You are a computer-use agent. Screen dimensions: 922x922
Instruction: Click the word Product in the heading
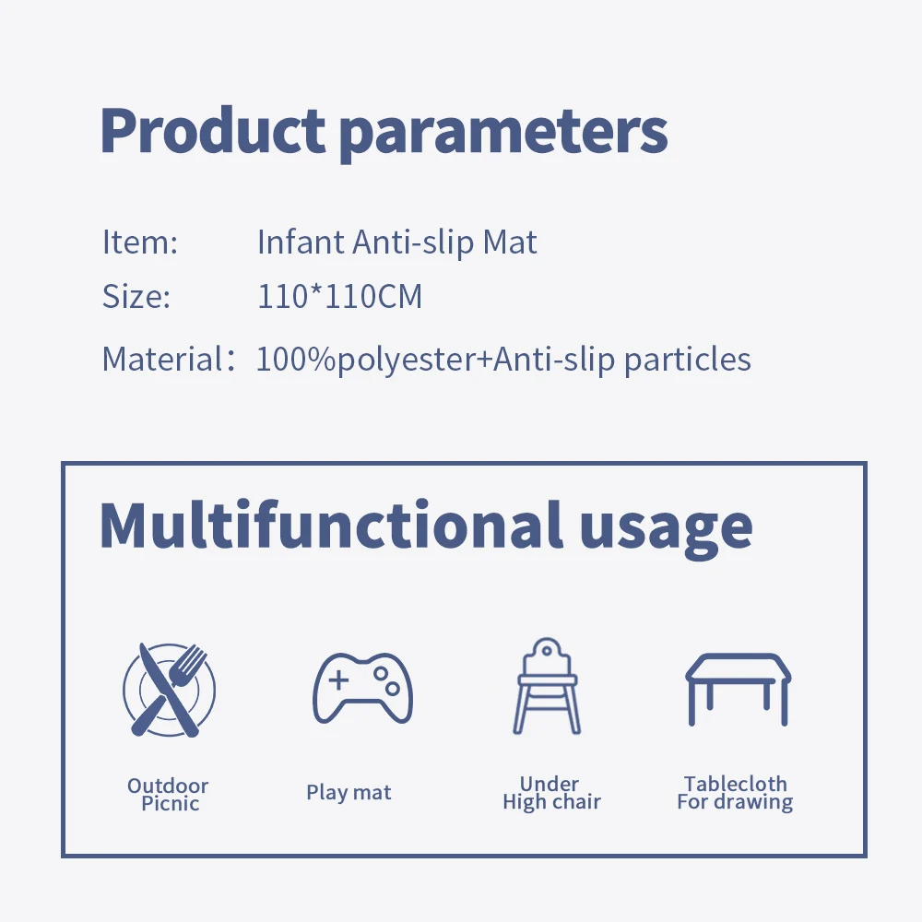pyautogui.click(x=212, y=130)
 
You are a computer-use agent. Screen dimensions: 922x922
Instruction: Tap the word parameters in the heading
pyautogui.click(x=504, y=135)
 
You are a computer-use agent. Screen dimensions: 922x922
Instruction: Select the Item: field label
pyautogui.click(x=140, y=242)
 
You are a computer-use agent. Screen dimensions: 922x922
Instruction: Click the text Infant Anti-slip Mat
pyautogui.click(x=396, y=242)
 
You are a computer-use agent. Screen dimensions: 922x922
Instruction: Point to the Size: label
pyautogui.click(x=136, y=296)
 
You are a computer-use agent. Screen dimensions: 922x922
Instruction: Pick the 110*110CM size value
pyautogui.click(x=340, y=296)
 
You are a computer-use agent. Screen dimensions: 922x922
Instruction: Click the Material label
pyautogui.click(x=168, y=359)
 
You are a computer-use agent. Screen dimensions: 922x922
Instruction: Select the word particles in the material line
pyautogui.click(x=688, y=360)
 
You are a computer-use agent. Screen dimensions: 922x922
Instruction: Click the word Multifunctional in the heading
pyautogui.click(x=331, y=525)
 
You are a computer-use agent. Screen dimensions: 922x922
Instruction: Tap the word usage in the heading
pyautogui.click(x=666, y=530)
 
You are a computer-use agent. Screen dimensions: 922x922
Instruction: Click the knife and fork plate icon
pyautogui.click(x=170, y=690)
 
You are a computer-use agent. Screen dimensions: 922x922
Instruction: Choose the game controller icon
pyautogui.click(x=362, y=688)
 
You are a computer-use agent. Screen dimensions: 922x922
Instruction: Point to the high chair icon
pyautogui.click(x=547, y=686)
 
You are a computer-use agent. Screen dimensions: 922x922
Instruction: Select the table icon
pyautogui.click(x=738, y=689)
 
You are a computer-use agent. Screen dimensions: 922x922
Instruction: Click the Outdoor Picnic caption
pyautogui.click(x=169, y=795)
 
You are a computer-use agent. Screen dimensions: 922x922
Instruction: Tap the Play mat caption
pyautogui.click(x=349, y=793)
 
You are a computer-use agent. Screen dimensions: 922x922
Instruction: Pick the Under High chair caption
pyautogui.click(x=551, y=793)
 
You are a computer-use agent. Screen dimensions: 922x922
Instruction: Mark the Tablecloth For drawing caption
pyautogui.click(x=735, y=793)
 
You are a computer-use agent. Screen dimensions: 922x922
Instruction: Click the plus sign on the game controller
pyautogui.click(x=338, y=680)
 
